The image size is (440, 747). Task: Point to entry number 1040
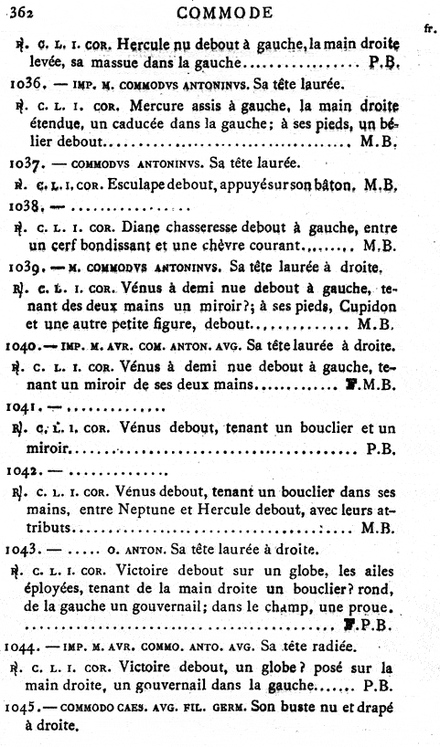pos(20,347)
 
